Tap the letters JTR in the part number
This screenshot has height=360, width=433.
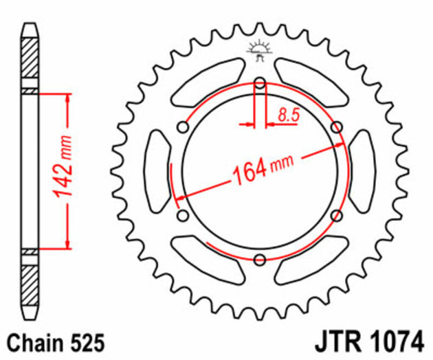(337, 341)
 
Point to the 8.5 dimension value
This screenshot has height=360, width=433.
(289, 115)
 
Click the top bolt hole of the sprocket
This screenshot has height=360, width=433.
(260, 84)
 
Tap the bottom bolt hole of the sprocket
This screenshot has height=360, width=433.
(260, 260)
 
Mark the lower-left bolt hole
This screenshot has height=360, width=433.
(183, 216)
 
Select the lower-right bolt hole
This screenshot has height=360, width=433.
(337, 216)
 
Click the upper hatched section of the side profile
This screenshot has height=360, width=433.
(30, 62)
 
